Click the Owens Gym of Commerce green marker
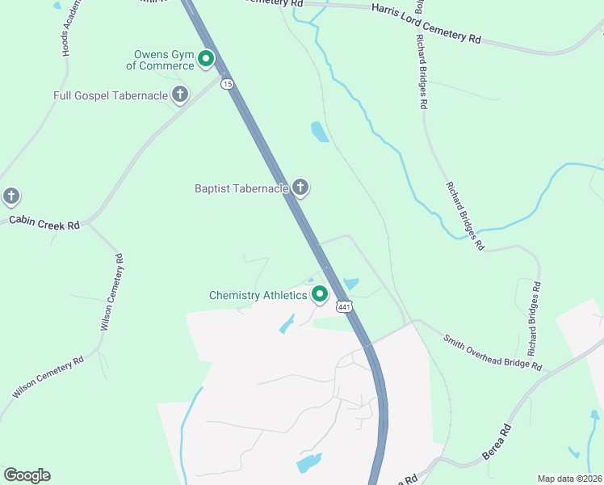[x=206, y=58]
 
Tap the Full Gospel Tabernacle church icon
[x=179, y=95]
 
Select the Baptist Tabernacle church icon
[x=300, y=188]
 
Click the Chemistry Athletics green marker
[x=320, y=295]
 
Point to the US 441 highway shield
[x=345, y=306]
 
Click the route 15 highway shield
[x=227, y=83]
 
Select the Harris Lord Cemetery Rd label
[x=426, y=23]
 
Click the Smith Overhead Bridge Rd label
[x=492, y=350]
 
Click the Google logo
[x=27, y=475]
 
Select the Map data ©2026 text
[x=569, y=479]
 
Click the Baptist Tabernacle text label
[x=241, y=188]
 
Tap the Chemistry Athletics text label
[x=258, y=295]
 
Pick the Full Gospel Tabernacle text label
[x=111, y=95]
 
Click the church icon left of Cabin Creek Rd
[x=10, y=196]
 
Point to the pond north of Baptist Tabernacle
[x=320, y=131]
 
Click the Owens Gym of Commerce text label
[x=165, y=61]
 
